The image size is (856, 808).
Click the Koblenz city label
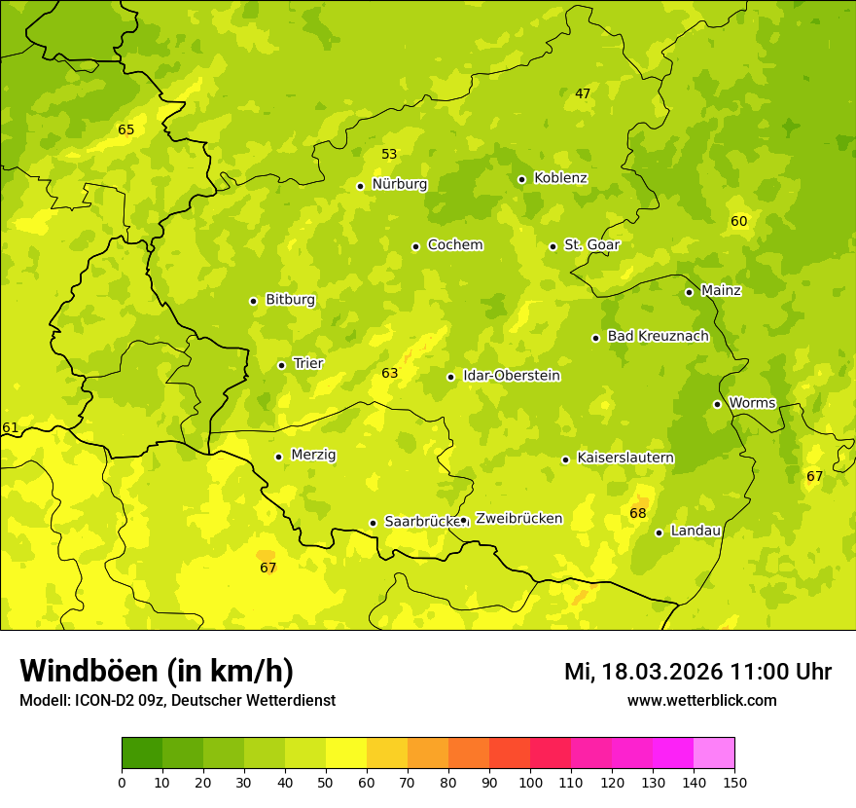point(560,178)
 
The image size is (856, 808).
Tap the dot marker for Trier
point(282,365)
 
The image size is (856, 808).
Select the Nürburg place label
point(399,184)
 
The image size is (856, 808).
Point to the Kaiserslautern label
point(625,458)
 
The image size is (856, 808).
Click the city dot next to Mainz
point(689,292)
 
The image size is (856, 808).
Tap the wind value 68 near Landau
point(638,513)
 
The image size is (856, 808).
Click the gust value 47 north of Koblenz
point(583,93)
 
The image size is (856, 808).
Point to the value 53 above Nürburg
point(389,154)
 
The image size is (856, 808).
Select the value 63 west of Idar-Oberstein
point(390,373)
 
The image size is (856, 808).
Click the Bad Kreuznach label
point(658,336)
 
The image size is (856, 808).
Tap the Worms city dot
point(717,404)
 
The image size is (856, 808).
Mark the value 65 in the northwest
point(126,129)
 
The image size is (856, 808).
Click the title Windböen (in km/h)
point(157,671)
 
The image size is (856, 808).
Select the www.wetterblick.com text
point(702,700)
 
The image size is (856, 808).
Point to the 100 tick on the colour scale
point(530,782)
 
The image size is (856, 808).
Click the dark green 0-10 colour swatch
point(142,753)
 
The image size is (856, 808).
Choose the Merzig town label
point(313,455)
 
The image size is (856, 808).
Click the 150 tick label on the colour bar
point(734,782)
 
